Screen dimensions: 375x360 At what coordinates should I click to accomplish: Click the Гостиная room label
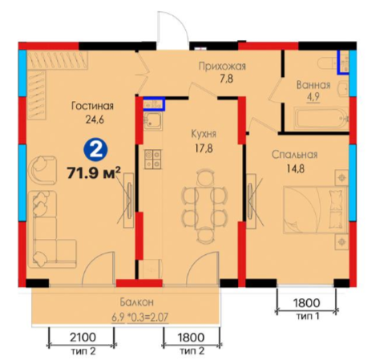coord(92,106)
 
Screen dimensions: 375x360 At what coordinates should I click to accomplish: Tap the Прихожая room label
coord(222,67)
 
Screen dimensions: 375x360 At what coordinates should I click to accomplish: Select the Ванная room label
coord(313,85)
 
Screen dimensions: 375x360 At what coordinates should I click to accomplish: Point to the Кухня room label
coord(204,134)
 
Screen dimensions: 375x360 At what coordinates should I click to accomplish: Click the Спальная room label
coord(295,155)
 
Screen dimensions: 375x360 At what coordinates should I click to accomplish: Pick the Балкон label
coord(136,302)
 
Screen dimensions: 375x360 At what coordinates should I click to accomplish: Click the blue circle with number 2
coord(96,151)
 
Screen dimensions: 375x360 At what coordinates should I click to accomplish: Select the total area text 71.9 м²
coord(94,172)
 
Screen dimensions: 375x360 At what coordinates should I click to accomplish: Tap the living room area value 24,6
coord(95,119)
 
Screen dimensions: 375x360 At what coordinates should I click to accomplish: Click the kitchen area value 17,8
coord(204,148)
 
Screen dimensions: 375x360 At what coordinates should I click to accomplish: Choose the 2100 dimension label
coord(83,338)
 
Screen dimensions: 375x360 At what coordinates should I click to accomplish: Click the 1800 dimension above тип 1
coord(307,303)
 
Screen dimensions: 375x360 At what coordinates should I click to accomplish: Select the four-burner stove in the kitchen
coord(153,159)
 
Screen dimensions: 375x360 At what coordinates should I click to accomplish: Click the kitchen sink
coord(153,121)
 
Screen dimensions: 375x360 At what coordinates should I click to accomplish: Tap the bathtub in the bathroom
coord(320,119)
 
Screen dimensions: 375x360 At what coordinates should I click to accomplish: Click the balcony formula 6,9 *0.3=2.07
coord(140,318)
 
